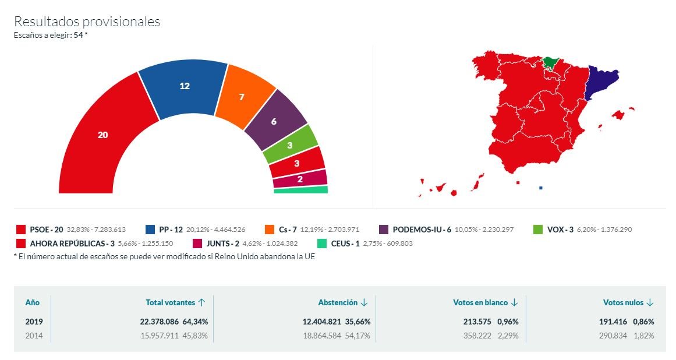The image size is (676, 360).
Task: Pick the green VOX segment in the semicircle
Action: click(x=290, y=145)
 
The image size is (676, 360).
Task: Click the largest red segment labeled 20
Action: click(x=103, y=135)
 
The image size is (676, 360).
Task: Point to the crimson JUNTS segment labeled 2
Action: click(x=300, y=179)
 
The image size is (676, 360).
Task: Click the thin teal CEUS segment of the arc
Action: click(x=301, y=190)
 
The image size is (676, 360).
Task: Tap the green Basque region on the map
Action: click(x=550, y=61)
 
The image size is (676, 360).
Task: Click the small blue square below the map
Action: click(x=541, y=188)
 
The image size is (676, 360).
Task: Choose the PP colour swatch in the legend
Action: click(x=150, y=230)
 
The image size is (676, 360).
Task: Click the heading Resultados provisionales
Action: click(x=87, y=22)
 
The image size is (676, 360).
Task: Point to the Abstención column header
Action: click(x=337, y=302)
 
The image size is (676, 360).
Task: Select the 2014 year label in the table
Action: click(x=34, y=336)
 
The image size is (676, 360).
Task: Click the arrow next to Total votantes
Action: click(x=202, y=302)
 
